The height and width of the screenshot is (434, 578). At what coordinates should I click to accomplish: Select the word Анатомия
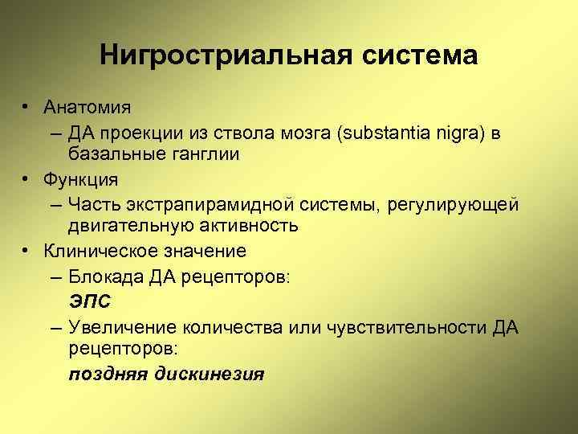pos(88,106)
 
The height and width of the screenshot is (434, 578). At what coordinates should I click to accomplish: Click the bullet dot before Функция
pos(26,179)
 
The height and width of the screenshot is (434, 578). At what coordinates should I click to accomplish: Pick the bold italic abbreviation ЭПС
pos(89,301)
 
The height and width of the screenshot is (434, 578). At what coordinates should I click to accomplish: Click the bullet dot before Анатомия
pos(26,106)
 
